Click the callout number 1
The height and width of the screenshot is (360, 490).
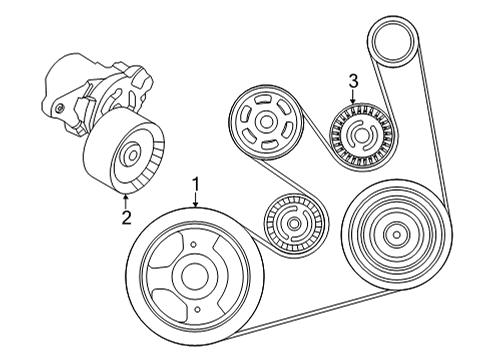(x=196, y=184)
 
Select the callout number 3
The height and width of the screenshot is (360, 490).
(x=352, y=80)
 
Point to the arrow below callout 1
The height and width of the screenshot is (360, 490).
(x=196, y=199)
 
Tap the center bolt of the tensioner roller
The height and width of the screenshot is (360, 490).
(x=128, y=155)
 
